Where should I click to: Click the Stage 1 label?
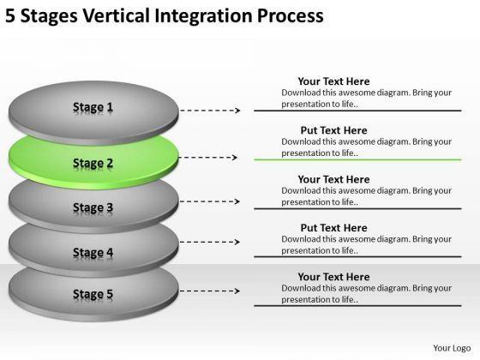[93, 107]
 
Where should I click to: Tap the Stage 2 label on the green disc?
[93, 163]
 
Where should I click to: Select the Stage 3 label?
[93, 207]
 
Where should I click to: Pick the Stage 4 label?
[93, 253]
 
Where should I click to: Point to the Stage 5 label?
[93, 294]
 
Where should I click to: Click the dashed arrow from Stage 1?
[210, 111]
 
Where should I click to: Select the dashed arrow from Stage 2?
[208, 158]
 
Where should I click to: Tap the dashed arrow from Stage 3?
[210, 201]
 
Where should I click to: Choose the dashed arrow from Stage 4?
[210, 242]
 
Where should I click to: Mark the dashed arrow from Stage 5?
[210, 291]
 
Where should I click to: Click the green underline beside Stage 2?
[357, 159]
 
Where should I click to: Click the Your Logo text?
[452, 348]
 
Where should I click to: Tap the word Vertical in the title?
[117, 15]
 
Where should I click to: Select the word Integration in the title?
[204, 16]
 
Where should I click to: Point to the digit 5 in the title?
[10, 16]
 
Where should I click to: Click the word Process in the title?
[291, 16]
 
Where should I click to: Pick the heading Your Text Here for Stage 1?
[333, 81]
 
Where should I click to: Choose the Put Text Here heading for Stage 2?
[333, 130]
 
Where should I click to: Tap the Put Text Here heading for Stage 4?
[333, 228]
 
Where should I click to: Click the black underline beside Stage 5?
[357, 305]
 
